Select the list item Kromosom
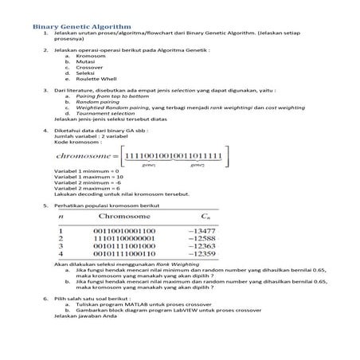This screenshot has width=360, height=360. click(x=89, y=57)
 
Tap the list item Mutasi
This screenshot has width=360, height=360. click(x=85, y=63)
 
